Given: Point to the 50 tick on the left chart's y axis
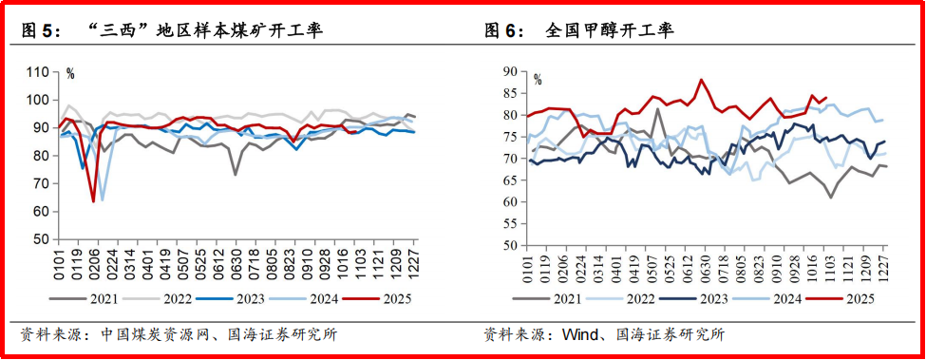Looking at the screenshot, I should pos(41,239).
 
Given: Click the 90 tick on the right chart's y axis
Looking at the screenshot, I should pos(507,72).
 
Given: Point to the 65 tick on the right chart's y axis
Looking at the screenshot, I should pos(507,180).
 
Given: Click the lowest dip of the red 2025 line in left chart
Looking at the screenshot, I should pos(93,201).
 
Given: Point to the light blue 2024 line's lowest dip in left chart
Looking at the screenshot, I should pos(102,199).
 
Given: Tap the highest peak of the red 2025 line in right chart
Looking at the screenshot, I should pos(701,80).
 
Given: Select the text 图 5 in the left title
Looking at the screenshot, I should pos(39,31).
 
